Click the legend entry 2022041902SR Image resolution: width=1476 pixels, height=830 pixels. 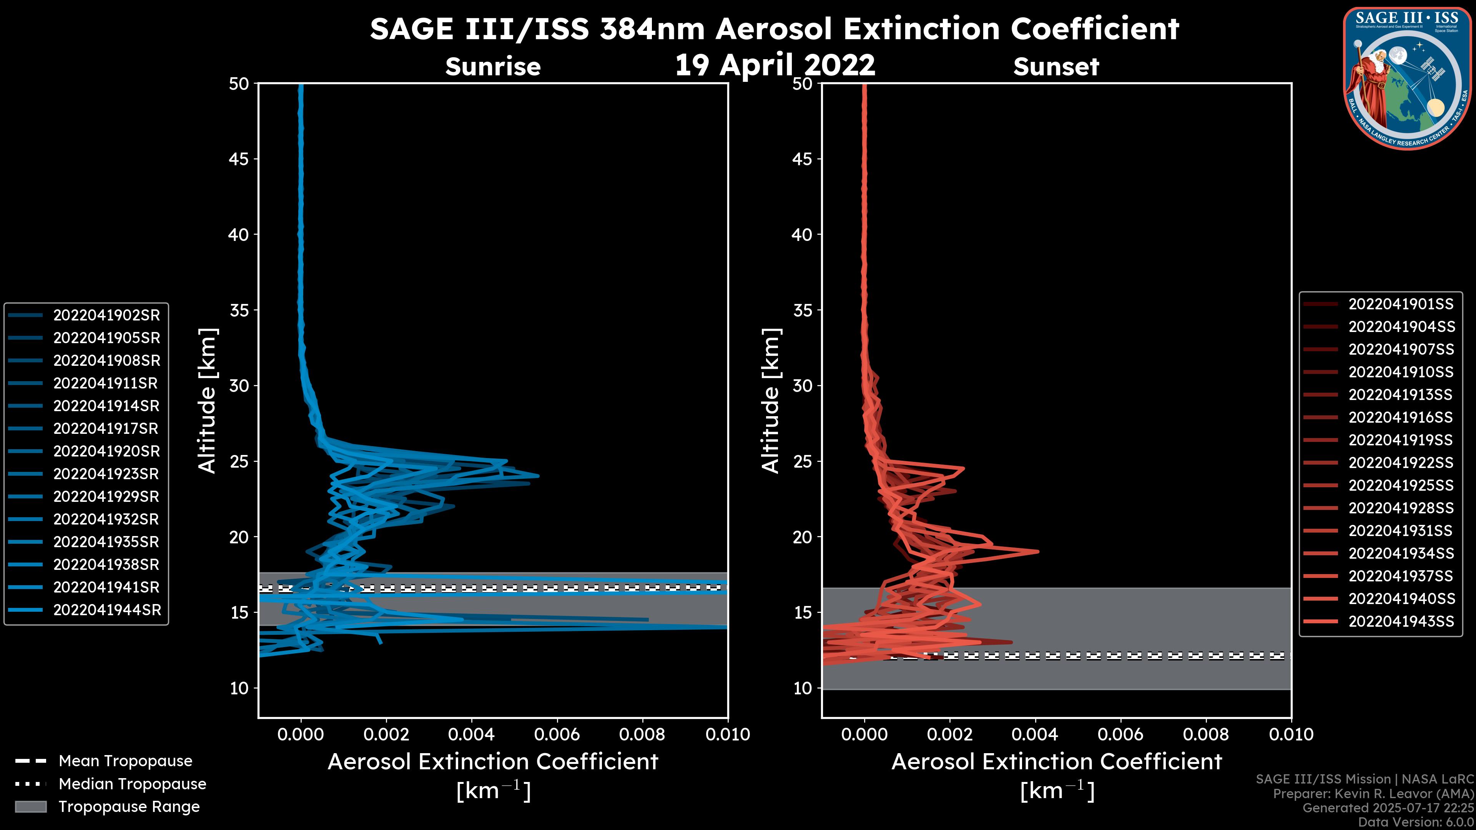click(x=106, y=315)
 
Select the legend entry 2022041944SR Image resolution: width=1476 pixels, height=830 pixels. click(x=106, y=610)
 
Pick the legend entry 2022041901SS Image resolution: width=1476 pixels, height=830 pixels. click(x=1401, y=304)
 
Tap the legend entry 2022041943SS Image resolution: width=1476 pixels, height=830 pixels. click(x=1401, y=621)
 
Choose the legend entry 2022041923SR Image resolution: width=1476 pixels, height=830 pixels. click(x=106, y=474)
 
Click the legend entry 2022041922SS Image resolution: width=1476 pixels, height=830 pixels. click(x=1401, y=463)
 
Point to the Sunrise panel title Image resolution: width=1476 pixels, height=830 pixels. click(x=493, y=67)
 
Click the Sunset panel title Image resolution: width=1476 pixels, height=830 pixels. click(x=1056, y=67)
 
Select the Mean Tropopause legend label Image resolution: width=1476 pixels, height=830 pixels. click(x=125, y=761)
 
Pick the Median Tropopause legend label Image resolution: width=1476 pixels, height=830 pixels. click(x=132, y=784)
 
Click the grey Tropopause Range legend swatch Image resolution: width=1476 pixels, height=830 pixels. click(x=31, y=807)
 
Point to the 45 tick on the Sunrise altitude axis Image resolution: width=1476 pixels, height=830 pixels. click(x=239, y=159)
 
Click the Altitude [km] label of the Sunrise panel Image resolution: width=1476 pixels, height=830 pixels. click(x=207, y=401)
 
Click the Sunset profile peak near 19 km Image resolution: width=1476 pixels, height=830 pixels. click(x=1037, y=552)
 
